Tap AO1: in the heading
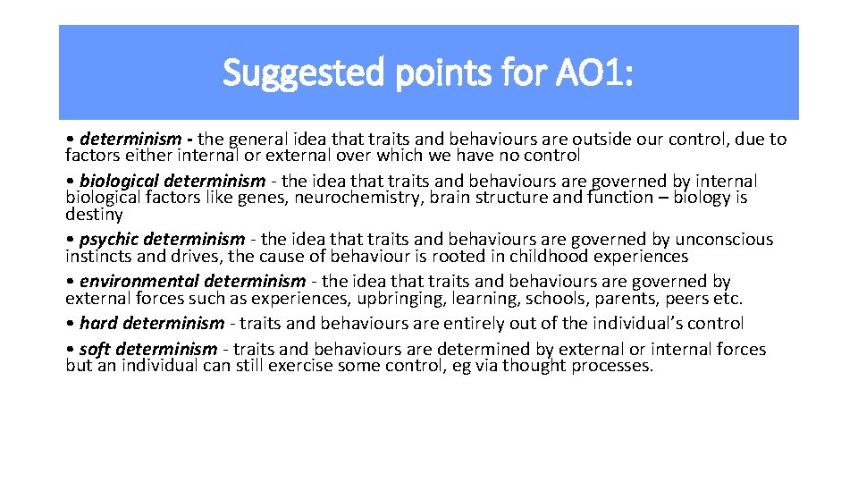[599, 72]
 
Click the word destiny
[94, 215]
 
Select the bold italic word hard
[97, 323]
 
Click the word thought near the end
[534, 366]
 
